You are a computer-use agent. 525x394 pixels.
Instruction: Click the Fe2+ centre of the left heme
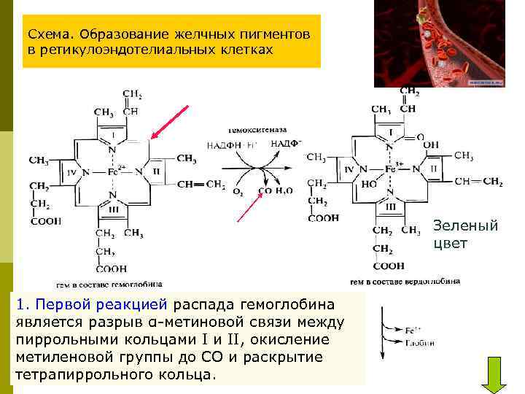[x=114, y=173]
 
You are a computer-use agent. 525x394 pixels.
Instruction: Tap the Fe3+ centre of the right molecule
[x=392, y=169]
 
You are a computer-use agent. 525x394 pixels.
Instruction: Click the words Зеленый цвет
[x=465, y=234]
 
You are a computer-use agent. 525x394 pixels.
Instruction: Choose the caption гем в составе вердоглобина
[x=405, y=281]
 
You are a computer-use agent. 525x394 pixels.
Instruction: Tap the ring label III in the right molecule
[x=391, y=206]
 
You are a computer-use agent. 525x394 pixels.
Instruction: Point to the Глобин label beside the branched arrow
[x=421, y=342]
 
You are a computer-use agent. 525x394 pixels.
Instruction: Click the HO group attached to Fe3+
[x=369, y=185]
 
